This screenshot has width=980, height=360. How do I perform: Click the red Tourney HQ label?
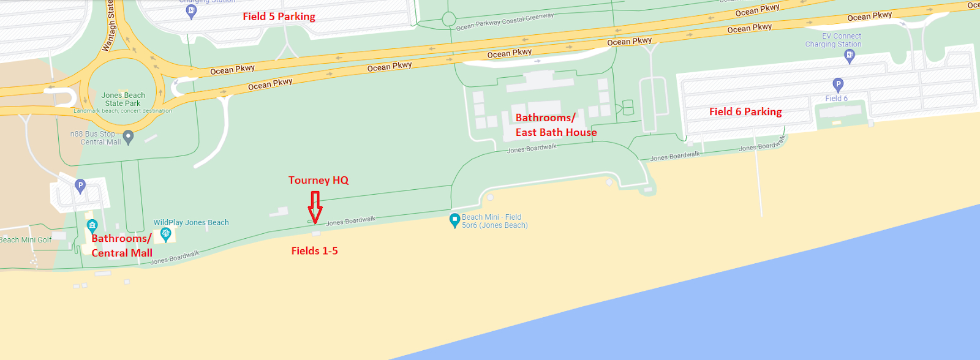point(318,180)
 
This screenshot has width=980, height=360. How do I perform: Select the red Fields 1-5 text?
point(314,250)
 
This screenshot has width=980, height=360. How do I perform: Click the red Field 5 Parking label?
point(279,17)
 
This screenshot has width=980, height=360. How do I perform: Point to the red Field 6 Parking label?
point(745,111)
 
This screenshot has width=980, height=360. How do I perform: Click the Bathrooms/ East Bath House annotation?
point(556,125)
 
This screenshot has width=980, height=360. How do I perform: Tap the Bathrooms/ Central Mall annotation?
point(122,246)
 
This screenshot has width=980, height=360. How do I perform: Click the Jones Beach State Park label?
point(123,99)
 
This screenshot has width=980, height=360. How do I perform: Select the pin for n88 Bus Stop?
point(128,137)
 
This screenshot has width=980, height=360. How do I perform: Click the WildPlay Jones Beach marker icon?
point(165,234)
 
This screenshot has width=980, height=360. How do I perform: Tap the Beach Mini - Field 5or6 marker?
point(454,220)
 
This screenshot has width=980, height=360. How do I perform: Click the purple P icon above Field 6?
point(838,84)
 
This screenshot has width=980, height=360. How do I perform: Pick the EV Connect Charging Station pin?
point(849,56)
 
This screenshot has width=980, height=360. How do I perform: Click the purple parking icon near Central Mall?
point(80,185)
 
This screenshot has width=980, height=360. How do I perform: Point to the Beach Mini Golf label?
point(26,240)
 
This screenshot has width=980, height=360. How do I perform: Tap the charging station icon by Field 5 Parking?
point(191,11)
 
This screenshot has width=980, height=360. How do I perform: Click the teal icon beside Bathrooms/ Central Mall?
point(92,225)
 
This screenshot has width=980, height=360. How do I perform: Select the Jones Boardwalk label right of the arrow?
point(350,221)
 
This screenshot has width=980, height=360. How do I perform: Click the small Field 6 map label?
point(836,99)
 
